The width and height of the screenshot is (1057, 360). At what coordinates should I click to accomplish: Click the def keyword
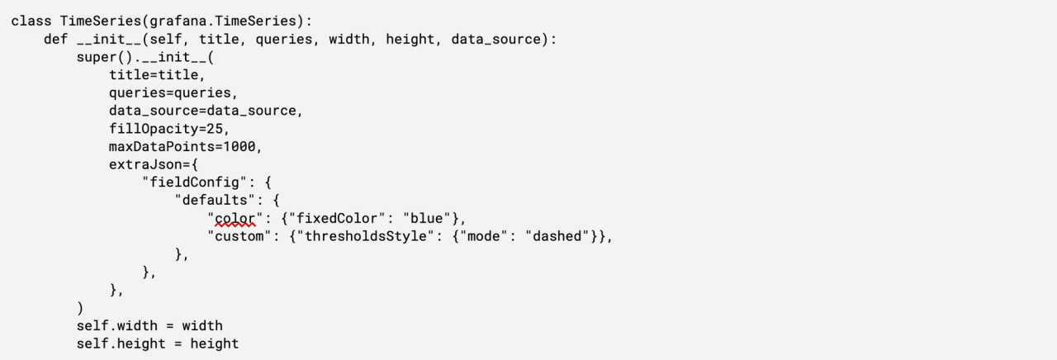click(x=56, y=39)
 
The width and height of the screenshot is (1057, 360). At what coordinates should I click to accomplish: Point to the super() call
click(x=101, y=58)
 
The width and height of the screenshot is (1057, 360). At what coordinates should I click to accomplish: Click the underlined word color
click(x=235, y=219)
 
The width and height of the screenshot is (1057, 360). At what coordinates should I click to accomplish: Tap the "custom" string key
click(x=239, y=236)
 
